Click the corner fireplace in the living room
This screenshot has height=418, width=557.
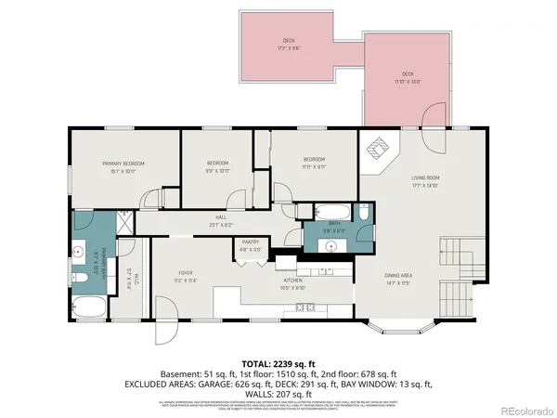(x=378, y=150)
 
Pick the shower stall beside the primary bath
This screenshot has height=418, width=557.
(x=124, y=225)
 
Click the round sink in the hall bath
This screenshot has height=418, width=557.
(x=330, y=246)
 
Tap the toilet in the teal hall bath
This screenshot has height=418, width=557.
(x=364, y=215)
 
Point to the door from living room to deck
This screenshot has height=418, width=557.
(x=430, y=118)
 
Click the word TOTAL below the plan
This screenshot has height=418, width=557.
(x=256, y=364)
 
